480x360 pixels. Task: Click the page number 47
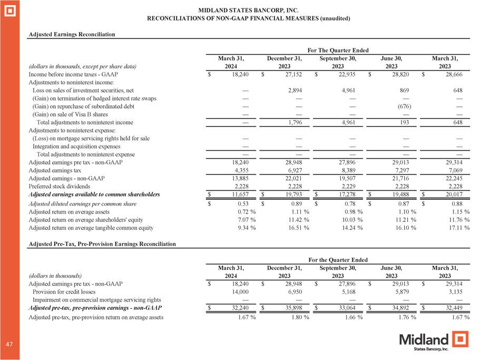(x=9, y=343)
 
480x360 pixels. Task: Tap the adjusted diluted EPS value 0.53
(x=242, y=203)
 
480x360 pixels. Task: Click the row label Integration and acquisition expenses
(x=76, y=146)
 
